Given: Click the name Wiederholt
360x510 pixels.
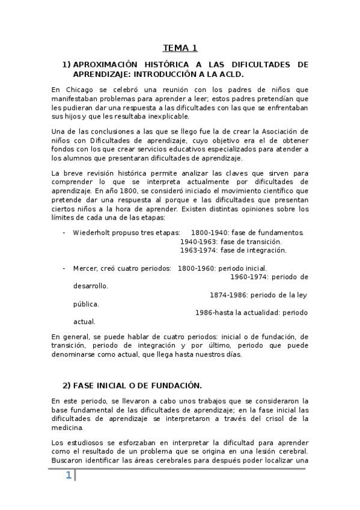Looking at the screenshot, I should coord(93,232).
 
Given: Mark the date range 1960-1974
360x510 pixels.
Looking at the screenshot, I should coord(249,277).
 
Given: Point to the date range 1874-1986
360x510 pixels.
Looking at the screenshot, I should coord(228,295).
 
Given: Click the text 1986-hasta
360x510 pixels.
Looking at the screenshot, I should coord(217,313).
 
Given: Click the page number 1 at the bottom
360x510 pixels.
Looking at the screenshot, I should coord(69,476).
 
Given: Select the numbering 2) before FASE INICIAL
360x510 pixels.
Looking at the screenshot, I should coord(67,386).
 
